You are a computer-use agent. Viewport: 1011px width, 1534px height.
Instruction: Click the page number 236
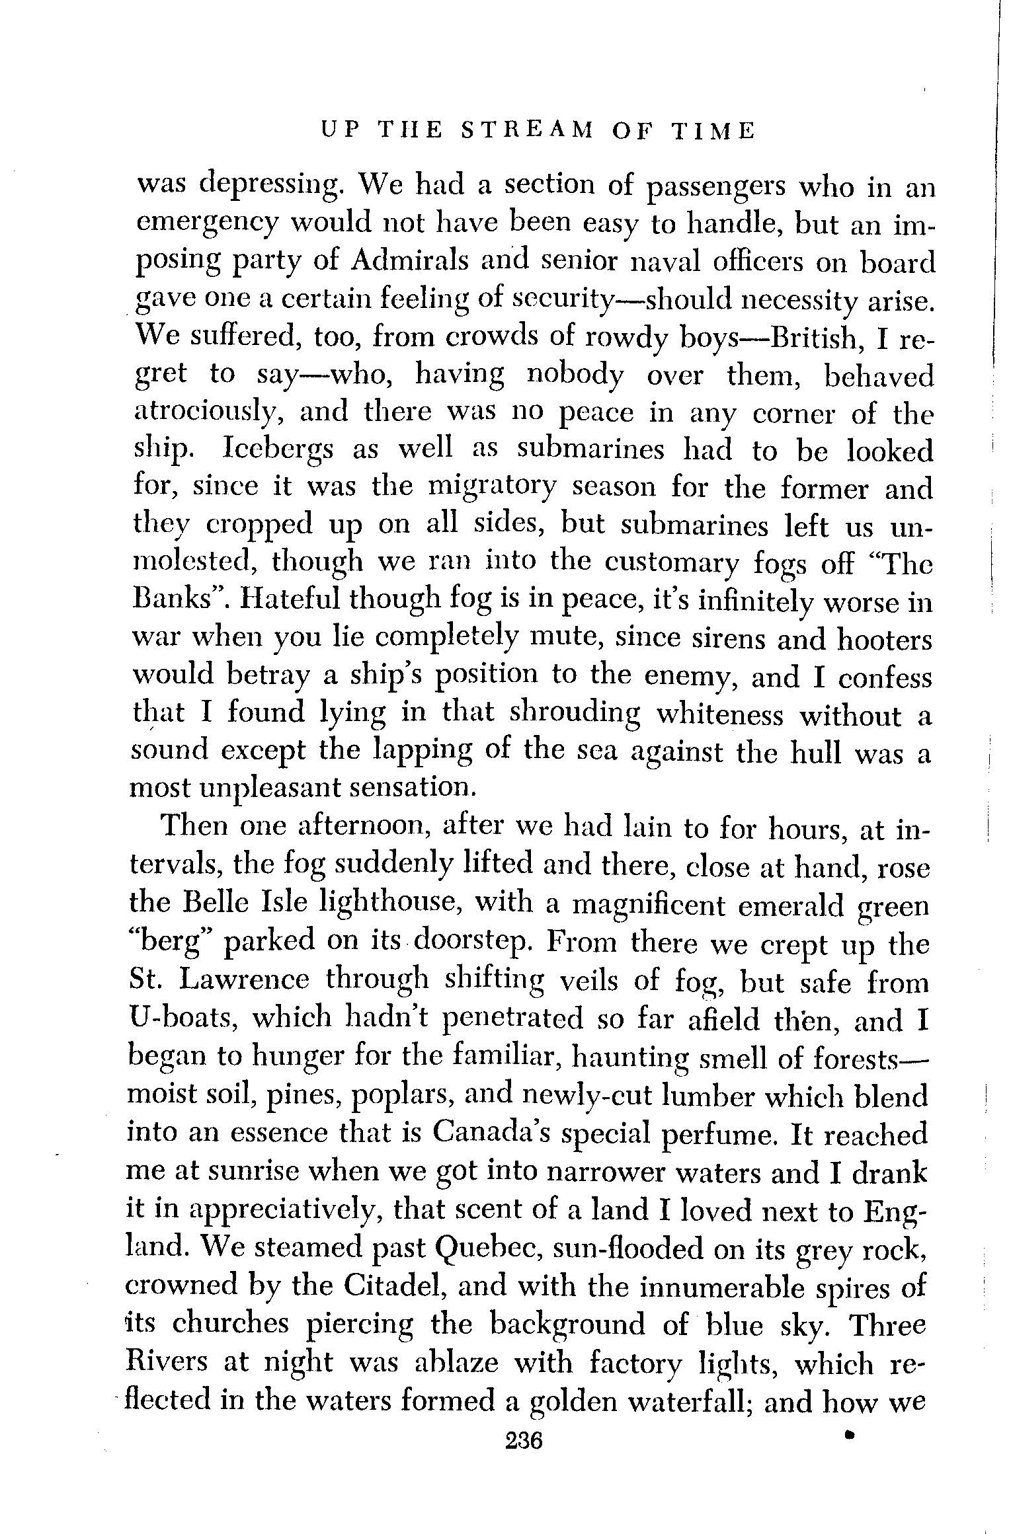click(523, 1438)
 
